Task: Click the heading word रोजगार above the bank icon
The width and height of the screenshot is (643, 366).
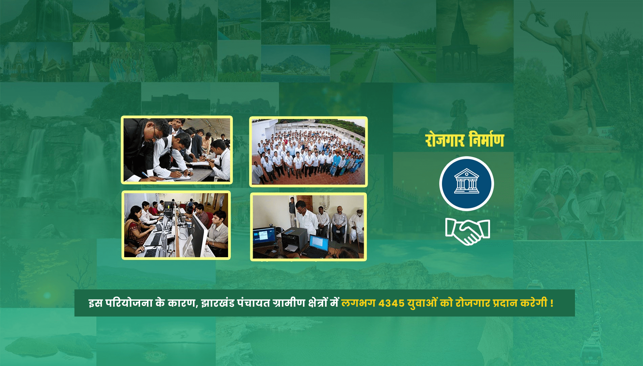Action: pos(445,140)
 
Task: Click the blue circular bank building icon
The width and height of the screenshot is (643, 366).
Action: pos(466,184)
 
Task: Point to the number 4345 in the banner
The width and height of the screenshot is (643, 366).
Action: pos(392,303)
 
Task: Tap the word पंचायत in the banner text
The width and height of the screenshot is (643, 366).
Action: pos(253,303)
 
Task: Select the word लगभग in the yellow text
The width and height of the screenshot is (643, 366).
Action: pos(358,303)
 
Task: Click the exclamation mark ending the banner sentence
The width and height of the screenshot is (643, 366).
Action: pos(552,303)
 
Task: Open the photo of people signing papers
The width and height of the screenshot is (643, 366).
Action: pos(177,150)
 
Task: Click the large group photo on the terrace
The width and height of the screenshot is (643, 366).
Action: pos(308,151)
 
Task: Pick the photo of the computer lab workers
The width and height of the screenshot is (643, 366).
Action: pos(176,225)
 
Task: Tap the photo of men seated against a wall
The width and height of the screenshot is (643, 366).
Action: pos(308,227)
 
